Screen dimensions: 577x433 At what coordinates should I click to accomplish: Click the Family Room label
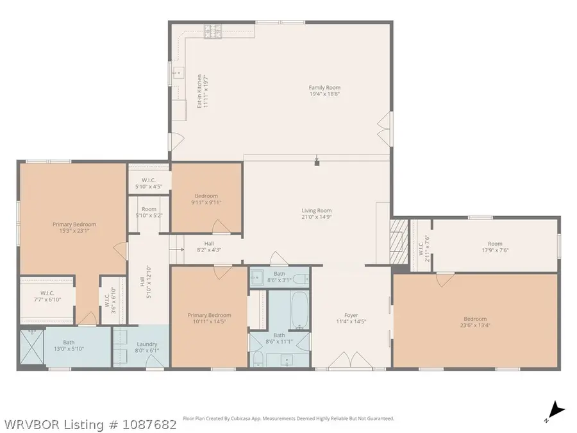pos(324,88)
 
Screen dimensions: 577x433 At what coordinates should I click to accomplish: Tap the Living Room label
pos(317,210)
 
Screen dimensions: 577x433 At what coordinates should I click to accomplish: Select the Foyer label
pos(351,315)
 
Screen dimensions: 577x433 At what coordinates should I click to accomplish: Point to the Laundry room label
pos(147,344)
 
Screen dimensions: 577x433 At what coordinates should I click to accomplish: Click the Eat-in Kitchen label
pos(199,91)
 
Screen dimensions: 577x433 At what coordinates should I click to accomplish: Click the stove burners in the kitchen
pos(213,31)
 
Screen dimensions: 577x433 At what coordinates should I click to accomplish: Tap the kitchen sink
pos(178,73)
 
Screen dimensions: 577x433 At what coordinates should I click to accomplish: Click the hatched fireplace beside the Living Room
pos(399,242)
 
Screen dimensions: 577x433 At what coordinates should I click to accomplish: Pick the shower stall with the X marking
pos(32,348)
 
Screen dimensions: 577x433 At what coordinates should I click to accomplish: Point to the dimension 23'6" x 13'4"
pos(475,325)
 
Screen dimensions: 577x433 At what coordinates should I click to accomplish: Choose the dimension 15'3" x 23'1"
pos(74,231)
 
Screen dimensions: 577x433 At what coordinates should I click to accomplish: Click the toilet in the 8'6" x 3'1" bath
pos(301,279)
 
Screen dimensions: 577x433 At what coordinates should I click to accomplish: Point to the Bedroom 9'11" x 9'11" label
pos(206,200)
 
